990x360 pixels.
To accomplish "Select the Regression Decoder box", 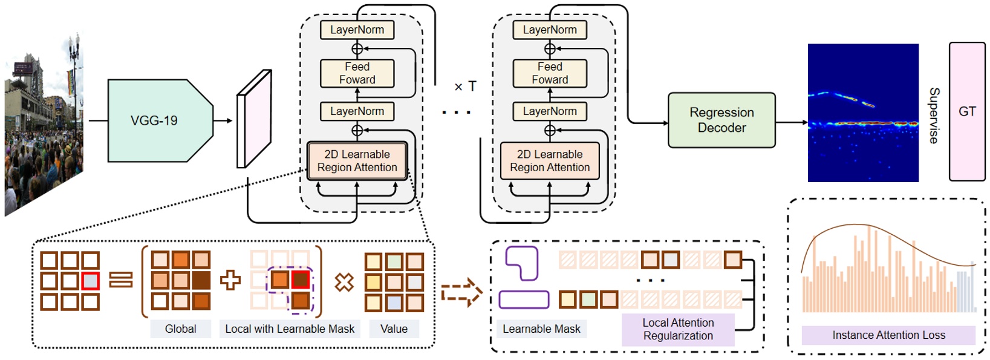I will (x=721, y=120).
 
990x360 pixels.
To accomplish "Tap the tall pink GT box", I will (x=966, y=111).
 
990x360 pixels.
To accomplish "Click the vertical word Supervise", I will (x=934, y=115).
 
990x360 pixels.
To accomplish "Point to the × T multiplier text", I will (x=465, y=87).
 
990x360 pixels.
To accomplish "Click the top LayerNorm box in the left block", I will (x=357, y=30).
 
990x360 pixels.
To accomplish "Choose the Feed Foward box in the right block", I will (x=550, y=73).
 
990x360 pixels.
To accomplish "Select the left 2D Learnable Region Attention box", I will (x=357, y=161).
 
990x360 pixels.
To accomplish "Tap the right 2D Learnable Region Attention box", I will (x=549, y=161).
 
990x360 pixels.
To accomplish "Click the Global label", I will (x=180, y=329).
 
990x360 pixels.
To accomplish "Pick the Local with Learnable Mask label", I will (x=290, y=329).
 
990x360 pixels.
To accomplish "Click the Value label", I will (x=394, y=329).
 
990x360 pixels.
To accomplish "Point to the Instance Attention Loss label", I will (x=888, y=335).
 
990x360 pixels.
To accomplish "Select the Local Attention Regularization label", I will (x=677, y=329).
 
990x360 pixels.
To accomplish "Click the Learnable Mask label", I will (x=541, y=329).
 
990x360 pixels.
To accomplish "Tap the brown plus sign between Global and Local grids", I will (x=230, y=280).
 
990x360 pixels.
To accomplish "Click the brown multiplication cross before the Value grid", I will (x=344, y=281).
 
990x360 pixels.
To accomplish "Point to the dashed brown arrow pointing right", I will (x=461, y=293).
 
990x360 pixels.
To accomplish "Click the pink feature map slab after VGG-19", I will (x=253, y=120).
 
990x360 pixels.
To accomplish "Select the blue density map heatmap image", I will (x=862, y=113).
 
